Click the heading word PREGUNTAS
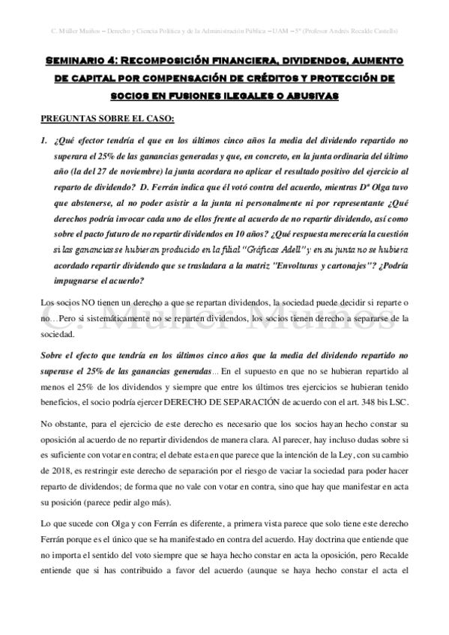(x=72, y=118)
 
